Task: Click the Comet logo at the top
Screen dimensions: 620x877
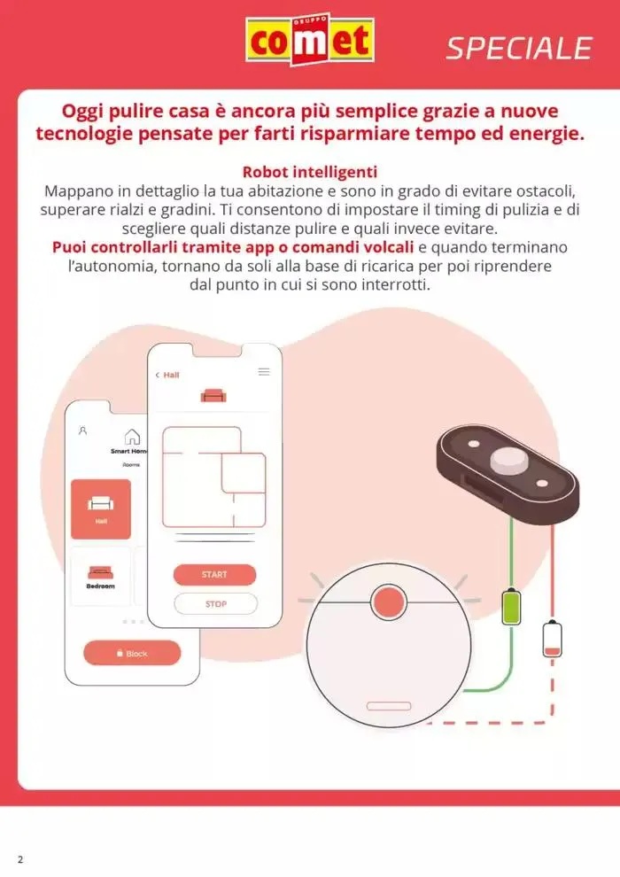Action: (310, 39)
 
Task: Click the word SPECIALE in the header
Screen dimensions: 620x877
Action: (519, 49)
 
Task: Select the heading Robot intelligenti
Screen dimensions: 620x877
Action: (310, 172)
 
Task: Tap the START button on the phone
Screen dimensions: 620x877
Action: (214, 574)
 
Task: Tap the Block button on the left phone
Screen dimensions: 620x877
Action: (132, 653)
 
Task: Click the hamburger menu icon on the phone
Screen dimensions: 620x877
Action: (264, 371)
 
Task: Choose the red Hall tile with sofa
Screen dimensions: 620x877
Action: (101, 509)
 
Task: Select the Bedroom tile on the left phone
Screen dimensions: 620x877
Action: (101, 577)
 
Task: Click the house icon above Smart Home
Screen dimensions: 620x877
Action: (132, 436)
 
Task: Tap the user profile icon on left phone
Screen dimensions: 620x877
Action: (82, 431)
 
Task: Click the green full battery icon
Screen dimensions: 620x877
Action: (511, 606)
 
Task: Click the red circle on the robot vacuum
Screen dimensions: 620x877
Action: (389, 601)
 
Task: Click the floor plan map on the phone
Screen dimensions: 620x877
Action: (214, 477)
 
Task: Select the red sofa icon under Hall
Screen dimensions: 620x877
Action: (213, 396)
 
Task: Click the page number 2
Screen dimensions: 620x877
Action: (20, 859)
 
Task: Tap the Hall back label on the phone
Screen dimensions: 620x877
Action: (167, 375)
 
